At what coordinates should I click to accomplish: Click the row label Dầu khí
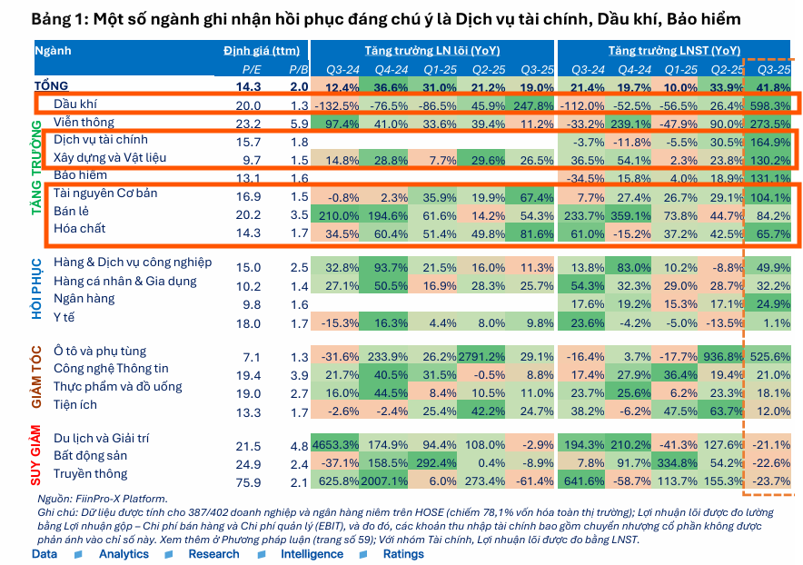pos(75,105)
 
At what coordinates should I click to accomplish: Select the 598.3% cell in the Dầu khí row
pos(768,105)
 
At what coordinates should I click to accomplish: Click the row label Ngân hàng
pos(84,298)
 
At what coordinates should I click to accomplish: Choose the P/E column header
pos(252,69)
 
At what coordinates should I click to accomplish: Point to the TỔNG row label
pos(51,86)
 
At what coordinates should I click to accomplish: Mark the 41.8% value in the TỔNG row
pos(772,87)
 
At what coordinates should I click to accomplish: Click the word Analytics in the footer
pos(124,554)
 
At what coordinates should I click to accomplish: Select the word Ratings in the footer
pos(403,554)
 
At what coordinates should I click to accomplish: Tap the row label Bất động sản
pos(90,456)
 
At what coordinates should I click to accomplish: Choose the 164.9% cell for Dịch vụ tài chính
pos(768,141)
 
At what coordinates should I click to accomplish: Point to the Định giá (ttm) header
pos(260,50)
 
